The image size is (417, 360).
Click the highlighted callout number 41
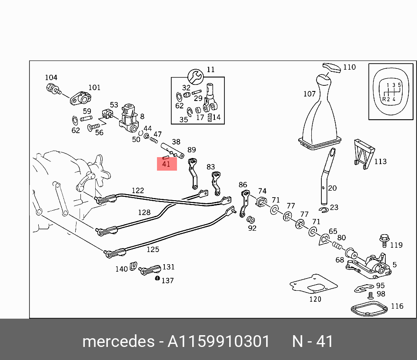coord(166,164)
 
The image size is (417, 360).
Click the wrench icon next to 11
coord(195,76)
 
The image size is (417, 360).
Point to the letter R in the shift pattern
coord(384,99)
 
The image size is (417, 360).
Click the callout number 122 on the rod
coord(138,191)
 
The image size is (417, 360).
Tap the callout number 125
coord(153,249)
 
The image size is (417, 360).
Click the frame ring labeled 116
coord(369,310)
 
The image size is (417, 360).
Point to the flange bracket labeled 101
coord(80,98)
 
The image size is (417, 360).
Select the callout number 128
coord(144,212)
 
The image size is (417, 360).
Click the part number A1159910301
coord(219,341)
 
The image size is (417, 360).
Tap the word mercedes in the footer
coord(117,341)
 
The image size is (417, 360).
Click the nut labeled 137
coord(157,279)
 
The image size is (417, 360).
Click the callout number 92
coord(252,228)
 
